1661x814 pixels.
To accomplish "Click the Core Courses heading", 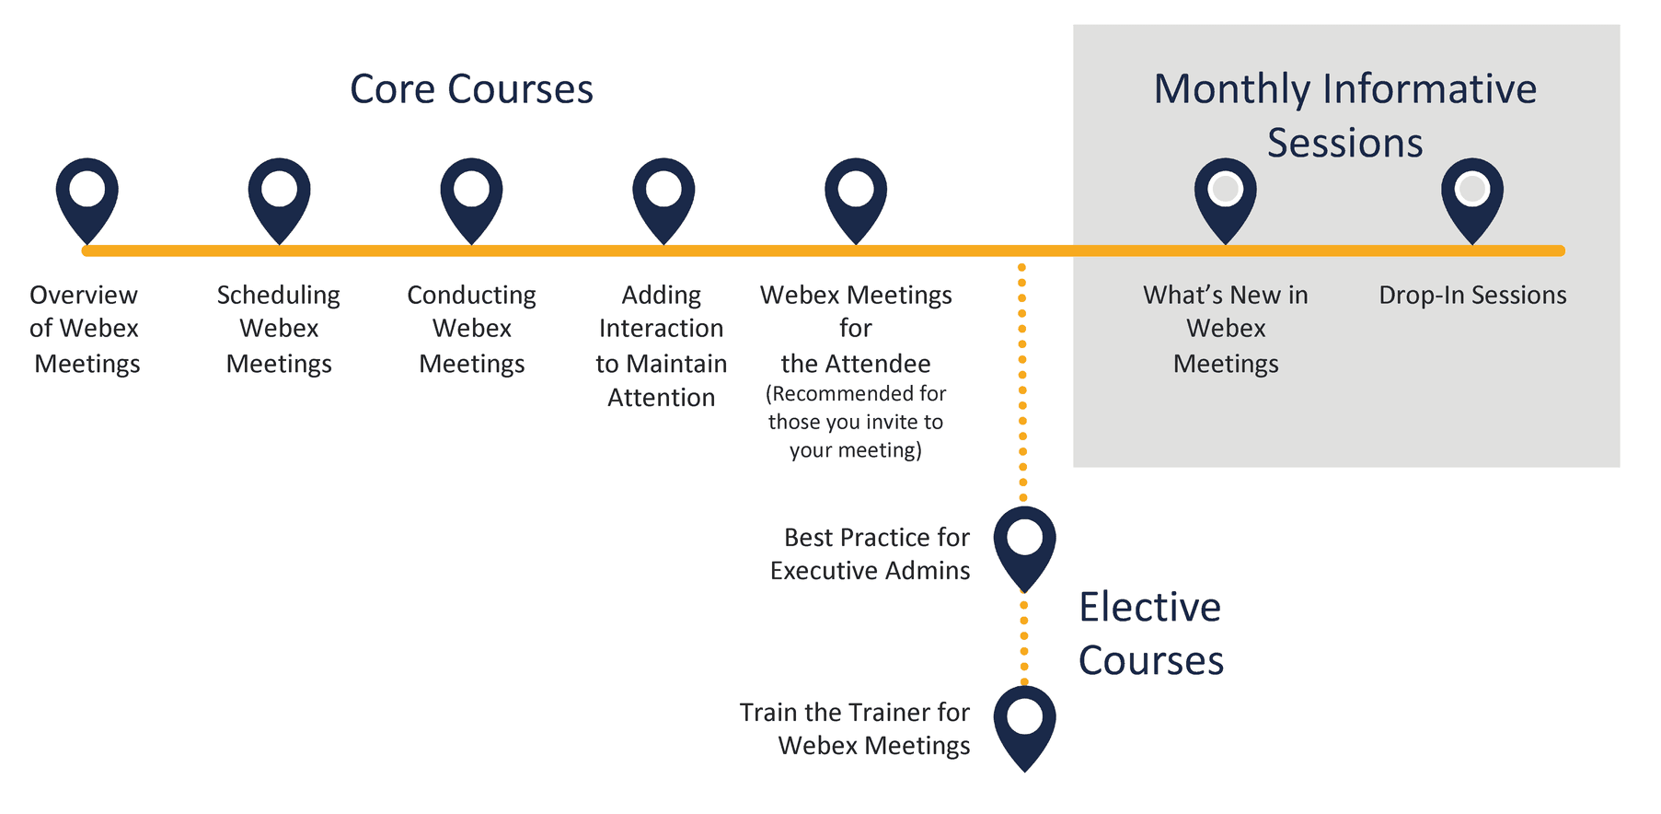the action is (471, 89).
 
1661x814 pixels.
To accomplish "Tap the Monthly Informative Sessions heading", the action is (1345, 116).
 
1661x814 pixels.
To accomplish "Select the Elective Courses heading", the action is (1151, 634).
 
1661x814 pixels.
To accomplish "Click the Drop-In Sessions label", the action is (1472, 295).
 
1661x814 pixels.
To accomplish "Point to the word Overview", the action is (84, 295).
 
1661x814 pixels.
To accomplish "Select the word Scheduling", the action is (279, 296).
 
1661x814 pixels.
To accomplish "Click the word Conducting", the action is (471, 296).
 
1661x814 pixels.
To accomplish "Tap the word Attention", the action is (662, 398).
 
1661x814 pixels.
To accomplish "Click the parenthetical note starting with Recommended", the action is (856, 422).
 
